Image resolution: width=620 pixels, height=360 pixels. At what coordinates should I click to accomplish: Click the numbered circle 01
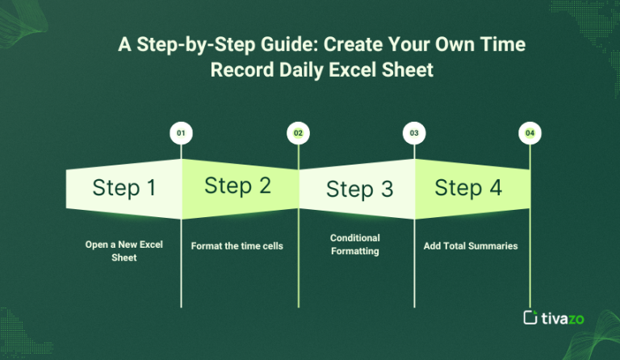pyautogui.click(x=181, y=132)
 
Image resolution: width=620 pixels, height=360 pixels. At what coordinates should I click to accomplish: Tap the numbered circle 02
pyautogui.click(x=298, y=132)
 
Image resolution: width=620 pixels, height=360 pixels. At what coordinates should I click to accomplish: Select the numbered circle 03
pyautogui.click(x=414, y=132)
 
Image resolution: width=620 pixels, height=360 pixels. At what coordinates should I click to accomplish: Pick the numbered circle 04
pyautogui.click(x=530, y=132)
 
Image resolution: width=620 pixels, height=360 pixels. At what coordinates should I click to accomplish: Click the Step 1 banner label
pyautogui.click(x=124, y=188)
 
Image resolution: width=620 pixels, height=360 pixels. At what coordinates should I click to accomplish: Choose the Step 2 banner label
pyautogui.click(x=237, y=185)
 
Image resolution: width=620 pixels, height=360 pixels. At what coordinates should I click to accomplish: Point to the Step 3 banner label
pyautogui.click(x=359, y=190)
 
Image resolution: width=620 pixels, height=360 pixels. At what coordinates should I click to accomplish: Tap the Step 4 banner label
pyautogui.click(x=468, y=188)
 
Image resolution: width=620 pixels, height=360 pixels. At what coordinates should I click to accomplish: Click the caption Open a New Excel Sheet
pyautogui.click(x=124, y=251)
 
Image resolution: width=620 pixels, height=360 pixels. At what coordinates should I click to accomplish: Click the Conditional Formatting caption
pyautogui.click(x=355, y=245)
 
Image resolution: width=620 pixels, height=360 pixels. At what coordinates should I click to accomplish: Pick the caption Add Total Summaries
pyautogui.click(x=470, y=245)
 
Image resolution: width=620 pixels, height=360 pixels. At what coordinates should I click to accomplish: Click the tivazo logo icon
pyautogui.click(x=530, y=317)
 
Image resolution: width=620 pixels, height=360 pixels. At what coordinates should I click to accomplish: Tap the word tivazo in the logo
pyautogui.click(x=565, y=317)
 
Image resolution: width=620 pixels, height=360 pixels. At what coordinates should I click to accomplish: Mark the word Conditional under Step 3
pyautogui.click(x=355, y=238)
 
